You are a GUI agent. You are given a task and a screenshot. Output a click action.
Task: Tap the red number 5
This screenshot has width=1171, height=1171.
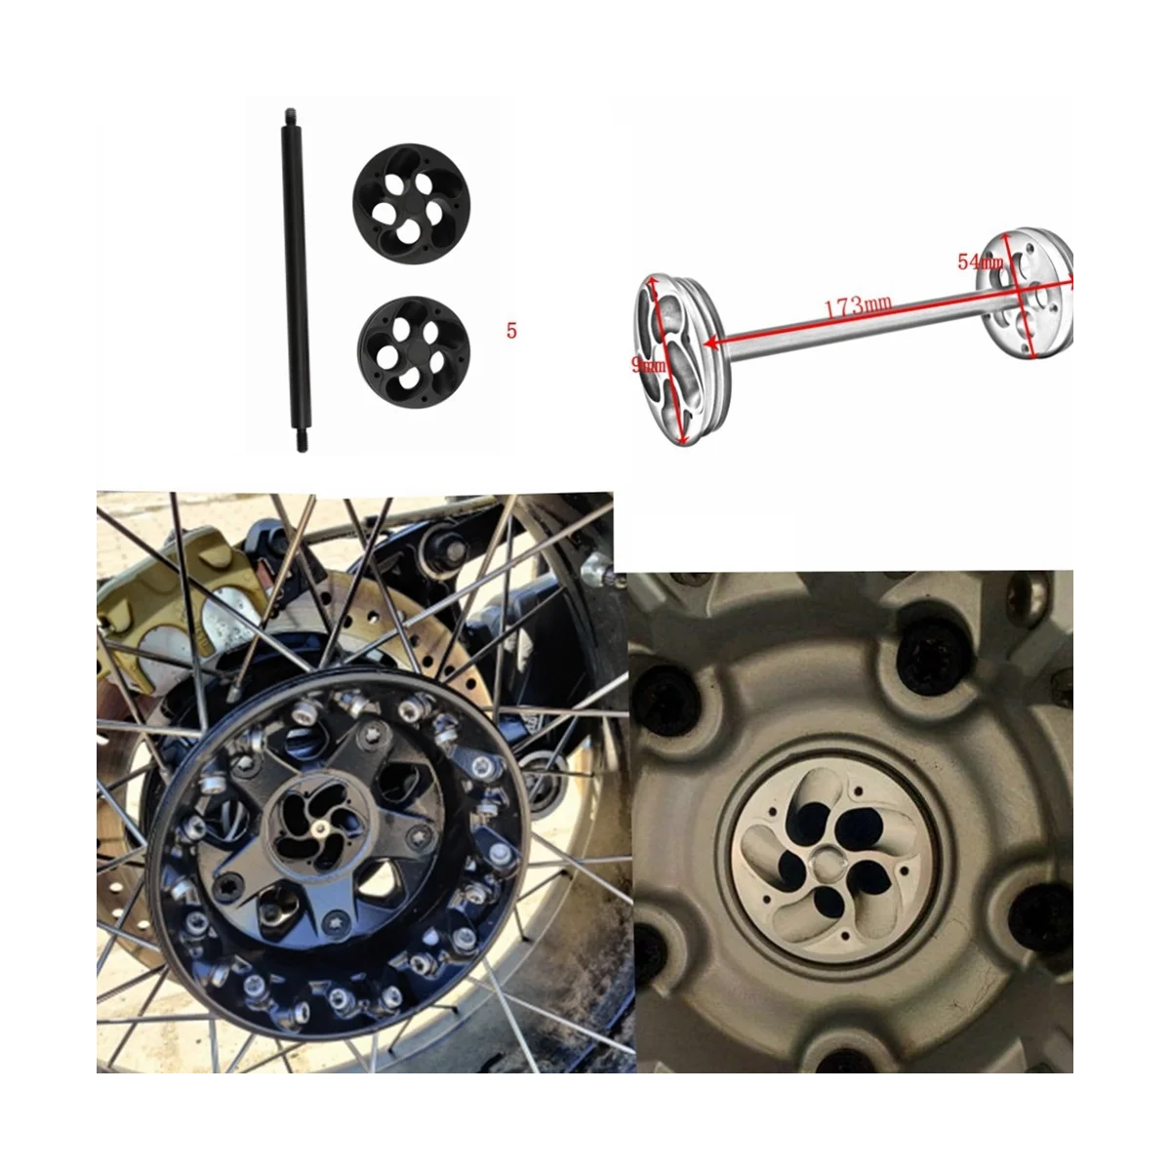[x=511, y=331]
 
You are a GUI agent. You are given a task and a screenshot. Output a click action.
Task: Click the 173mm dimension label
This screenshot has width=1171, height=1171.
[x=860, y=305]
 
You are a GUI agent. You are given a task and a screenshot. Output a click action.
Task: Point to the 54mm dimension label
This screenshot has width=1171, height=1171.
[x=979, y=262]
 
